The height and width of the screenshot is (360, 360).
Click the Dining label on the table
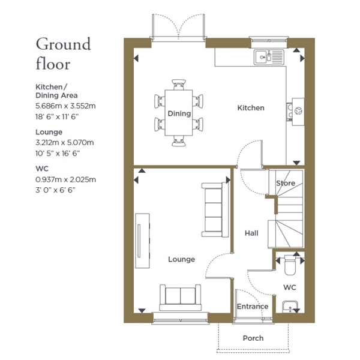tap(179, 113)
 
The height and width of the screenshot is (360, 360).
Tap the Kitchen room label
tap(251, 108)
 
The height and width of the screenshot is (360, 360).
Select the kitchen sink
tap(269, 57)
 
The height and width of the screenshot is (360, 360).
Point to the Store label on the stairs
tap(286, 183)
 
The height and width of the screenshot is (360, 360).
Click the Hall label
tap(251, 233)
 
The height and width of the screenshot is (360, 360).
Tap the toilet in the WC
tap(290, 265)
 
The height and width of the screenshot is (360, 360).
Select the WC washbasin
tap(290, 307)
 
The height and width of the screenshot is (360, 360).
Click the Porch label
tap(253, 338)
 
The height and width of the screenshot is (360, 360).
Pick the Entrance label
tap(253, 307)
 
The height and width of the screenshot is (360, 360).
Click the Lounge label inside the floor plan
tap(182, 259)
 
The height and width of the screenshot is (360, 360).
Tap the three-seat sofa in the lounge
tap(215, 210)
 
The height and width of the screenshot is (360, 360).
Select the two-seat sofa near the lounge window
tap(181, 298)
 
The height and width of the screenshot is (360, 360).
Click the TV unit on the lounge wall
tap(143, 241)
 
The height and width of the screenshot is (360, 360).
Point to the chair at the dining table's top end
tap(179, 85)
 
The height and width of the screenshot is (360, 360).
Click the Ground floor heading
tap(64, 54)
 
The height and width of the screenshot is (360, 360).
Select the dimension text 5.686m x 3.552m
tap(65, 106)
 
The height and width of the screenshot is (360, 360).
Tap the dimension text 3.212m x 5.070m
tap(65, 143)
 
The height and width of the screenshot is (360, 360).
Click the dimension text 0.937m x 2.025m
tap(65, 179)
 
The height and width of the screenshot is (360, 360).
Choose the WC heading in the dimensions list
tap(42, 169)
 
